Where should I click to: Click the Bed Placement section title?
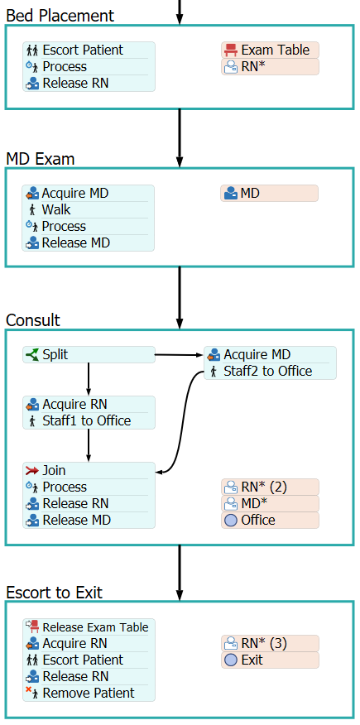60,16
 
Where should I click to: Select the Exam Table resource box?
270,50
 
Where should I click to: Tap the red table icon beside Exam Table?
230,50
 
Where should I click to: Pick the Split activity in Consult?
89,355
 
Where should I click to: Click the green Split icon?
32,355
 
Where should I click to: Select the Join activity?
89,471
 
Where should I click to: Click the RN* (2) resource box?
270,487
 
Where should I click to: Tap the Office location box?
270,521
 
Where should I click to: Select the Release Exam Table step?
89,627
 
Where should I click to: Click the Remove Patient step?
89,693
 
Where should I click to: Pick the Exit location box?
270,660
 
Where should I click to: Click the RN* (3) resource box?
270,643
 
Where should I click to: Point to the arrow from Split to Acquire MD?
180,355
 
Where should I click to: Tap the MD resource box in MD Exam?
270,194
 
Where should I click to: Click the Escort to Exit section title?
54,593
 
